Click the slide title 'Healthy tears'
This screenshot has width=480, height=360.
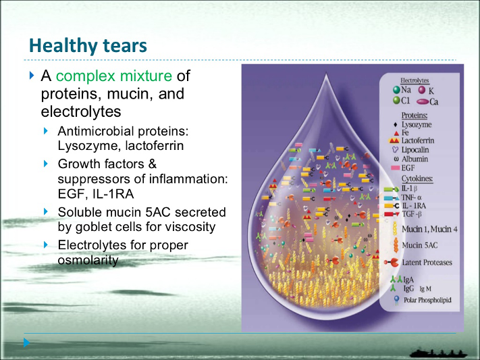(x=88, y=46)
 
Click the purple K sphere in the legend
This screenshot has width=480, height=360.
(x=422, y=89)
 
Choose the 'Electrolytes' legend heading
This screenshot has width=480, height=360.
(x=415, y=80)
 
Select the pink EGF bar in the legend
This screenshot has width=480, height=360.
(x=396, y=167)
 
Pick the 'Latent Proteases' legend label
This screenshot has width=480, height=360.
(x=427, y=262)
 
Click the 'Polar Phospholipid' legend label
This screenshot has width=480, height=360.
(x=427, y=299)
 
